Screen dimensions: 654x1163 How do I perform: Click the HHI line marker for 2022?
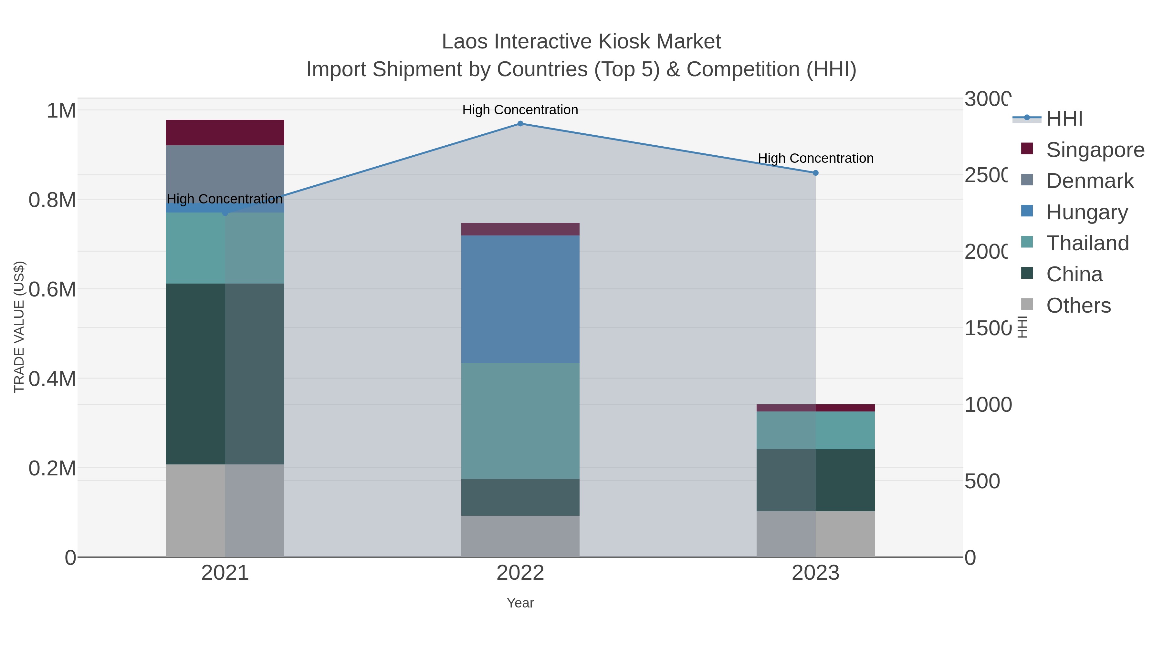pos(520,124)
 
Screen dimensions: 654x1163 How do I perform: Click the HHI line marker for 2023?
pos(815,173)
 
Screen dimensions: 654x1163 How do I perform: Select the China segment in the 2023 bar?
pos(815,480)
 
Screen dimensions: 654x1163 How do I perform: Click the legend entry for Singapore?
pos(1095,150)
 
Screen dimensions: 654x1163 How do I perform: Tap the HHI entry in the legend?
pos(1064,119)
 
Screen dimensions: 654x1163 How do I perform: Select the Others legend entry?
pos(1078,306)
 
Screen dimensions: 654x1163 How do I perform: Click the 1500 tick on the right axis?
pos(987,328)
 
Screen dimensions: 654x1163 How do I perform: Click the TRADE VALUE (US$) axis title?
pos(19,327)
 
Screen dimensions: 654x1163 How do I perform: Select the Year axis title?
pos(520,603)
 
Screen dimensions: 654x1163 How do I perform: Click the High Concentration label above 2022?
pos(520,110)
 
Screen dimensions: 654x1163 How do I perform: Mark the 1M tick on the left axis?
pos(61,110)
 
